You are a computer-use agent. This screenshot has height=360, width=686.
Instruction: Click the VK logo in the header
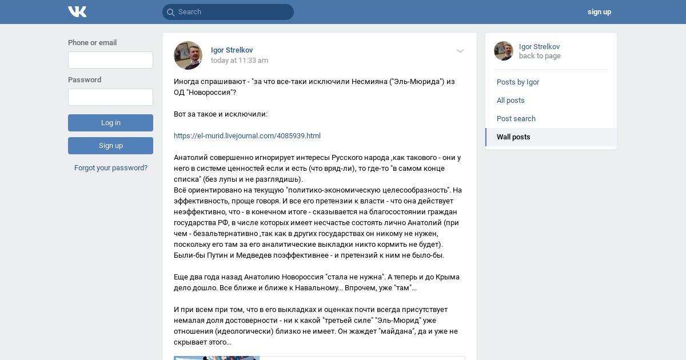pos(77,12)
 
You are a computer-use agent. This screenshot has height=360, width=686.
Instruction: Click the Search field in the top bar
pos(232,12)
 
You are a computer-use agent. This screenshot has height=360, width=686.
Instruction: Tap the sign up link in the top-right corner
pos(599,12)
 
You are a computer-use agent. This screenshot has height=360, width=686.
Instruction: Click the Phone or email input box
pos(110,60)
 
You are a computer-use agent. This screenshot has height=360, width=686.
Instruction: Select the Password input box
pos(110,97)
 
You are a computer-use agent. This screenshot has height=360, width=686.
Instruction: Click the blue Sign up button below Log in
pos(110,146)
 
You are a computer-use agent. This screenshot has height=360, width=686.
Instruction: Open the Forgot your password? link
pos(111,168)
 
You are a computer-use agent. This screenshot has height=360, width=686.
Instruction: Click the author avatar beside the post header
pos(188,55)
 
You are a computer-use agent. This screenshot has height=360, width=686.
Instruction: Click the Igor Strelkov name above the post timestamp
pos(232,50)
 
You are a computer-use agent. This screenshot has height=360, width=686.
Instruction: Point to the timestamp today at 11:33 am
pos(239,61)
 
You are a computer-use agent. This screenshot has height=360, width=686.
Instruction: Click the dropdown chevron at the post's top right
pos(460,51)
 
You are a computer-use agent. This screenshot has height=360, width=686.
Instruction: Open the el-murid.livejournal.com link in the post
pos(247,136)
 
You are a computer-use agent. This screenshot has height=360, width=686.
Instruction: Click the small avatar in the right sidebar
pos(504,51)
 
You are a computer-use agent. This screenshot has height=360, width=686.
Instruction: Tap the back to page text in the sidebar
pos(540,56)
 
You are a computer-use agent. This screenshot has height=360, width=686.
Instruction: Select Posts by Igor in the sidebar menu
pos(518,82)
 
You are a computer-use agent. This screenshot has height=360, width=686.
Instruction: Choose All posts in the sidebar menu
pos(510,101)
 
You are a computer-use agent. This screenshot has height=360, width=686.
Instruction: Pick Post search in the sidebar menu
pos(516,119)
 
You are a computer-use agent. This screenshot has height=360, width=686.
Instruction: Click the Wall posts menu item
pos(513,137)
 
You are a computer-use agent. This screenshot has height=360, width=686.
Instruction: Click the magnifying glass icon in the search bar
pos(170,12)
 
